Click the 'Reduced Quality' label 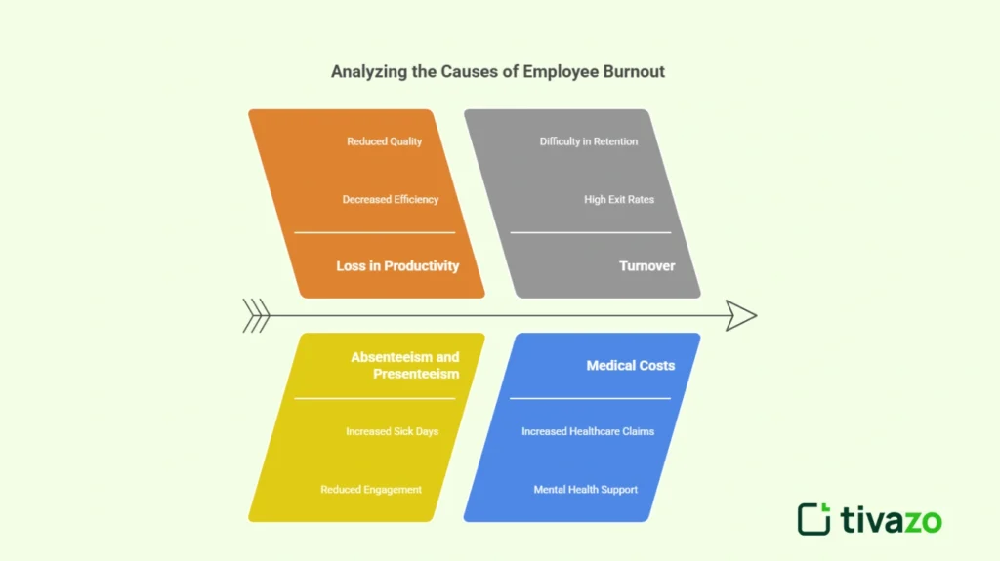(x=384, y=141)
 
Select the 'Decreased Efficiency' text (x=390, y=199)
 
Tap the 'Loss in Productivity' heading (x=397, y=265)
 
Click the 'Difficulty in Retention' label (x=588, y=141)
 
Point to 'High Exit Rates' (x=619, y=199)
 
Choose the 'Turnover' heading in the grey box (x=646, y=265)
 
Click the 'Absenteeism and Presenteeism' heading (x=405, y=365)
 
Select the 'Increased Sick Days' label (x=392, y=431)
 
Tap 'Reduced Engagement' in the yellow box (x=371, y=489)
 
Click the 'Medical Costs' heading (x=630, y=365)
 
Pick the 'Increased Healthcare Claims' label (x=588, y=431)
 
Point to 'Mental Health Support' (x=585, y=489)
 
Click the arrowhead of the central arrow (x=741, y=315)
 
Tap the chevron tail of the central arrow (x=256, y=315)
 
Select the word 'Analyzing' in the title (x=366, y=71)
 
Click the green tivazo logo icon (x=813, y=518)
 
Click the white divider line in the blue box (x=590, y=398)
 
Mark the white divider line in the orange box (x=374, y=232)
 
